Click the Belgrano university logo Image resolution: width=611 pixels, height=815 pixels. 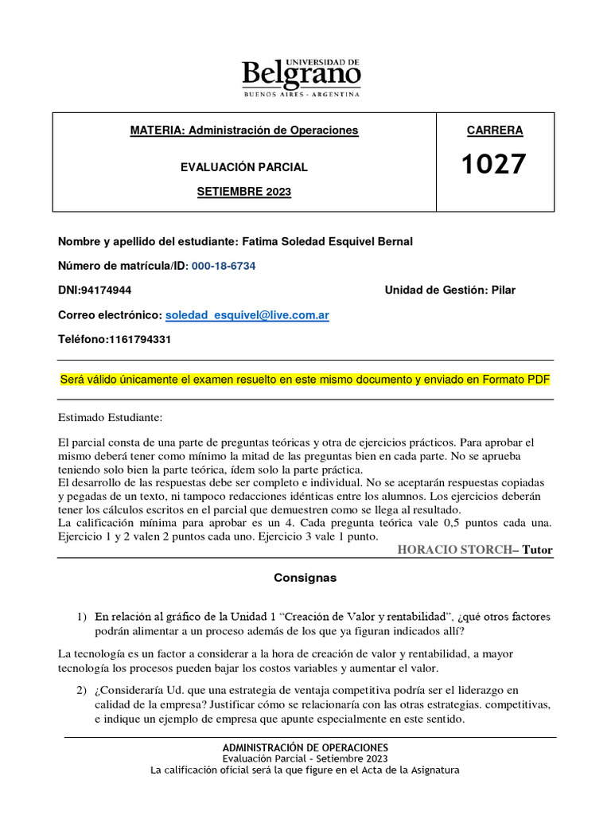[x=301, y=75]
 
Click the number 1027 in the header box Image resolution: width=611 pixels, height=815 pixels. [x=494, y=165]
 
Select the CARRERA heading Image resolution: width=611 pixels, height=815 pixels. [x=494, y=131]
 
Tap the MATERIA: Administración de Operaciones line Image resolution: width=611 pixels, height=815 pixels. [x=244, y=130]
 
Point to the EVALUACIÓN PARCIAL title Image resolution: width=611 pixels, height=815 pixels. [x=244, y=167]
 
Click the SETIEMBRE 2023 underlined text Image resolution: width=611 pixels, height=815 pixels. [x=244, y=192]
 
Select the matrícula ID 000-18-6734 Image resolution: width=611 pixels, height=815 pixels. [x=223, y=266]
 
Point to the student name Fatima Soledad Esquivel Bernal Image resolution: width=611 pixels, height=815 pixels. [x=322, y=242]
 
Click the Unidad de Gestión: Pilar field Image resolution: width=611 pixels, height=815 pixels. [x=449, y=290]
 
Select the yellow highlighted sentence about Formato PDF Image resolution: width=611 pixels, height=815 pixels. [x=305, y=380]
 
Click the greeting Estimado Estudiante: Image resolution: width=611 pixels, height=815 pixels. [x=110, y=417]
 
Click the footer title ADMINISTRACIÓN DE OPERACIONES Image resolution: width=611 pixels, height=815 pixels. [x=305, y=747]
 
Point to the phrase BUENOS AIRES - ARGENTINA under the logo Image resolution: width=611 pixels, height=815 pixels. [x=301, y=94]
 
